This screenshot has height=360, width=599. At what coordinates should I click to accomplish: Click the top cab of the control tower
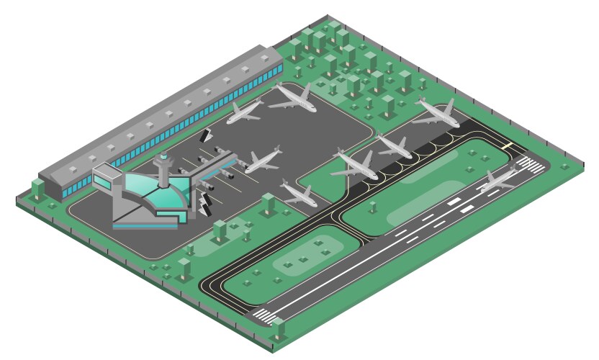(x=164, y=157)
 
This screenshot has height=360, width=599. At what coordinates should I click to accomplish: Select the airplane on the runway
(x=497, y=179)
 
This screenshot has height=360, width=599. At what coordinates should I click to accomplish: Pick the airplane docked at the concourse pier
(x=261, y=161)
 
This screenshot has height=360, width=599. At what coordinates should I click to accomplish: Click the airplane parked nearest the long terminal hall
(x=246, y=112)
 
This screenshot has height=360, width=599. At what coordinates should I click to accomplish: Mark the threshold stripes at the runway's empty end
(x=263, y=315)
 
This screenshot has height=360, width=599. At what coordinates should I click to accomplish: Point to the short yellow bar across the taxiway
(x=508, y=146)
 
